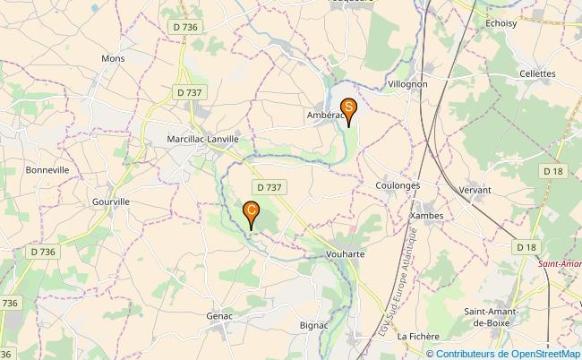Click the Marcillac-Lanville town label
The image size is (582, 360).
[x=203, y=139]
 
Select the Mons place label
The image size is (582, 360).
[x=113, y=58]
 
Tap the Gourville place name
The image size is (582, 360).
[x=111, y=201]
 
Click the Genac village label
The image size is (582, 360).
[x=219, y=315]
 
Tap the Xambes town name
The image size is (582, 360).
[x=425, y=215]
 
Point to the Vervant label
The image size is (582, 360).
[x=474, y=190]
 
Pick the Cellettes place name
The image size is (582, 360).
[x=537, y=73]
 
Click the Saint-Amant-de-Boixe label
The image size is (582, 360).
[x=493, y=316]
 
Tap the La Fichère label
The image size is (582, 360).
[x=418, y=336]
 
